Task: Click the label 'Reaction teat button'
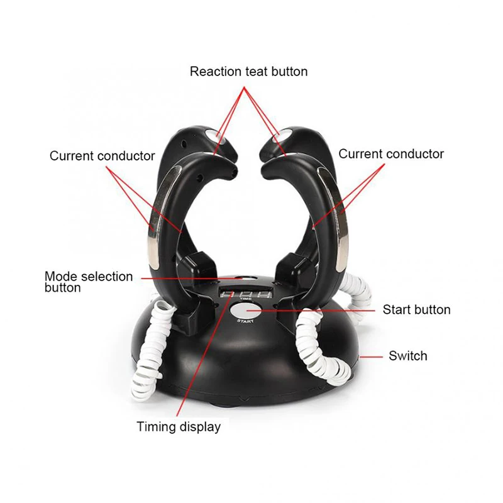click(249, 72)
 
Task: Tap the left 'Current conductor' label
click(102, 156)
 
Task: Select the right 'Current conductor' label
click(391, 154)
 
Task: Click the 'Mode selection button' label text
click(88, 282)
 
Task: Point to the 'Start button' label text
click(416, 309)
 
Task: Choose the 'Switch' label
click(407, 356)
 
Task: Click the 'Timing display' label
click(179, 427)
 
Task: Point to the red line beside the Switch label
click(374, 356)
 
